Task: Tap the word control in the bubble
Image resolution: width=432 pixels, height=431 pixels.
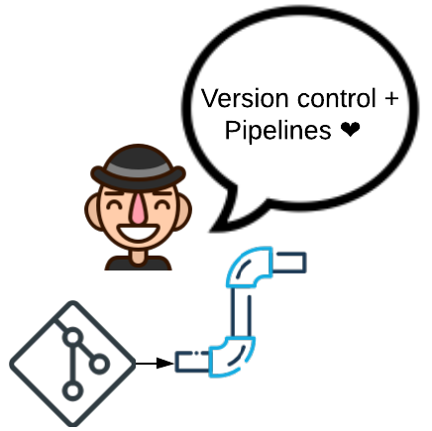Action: point(337,98)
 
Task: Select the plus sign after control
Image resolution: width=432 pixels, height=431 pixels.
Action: point(391,98)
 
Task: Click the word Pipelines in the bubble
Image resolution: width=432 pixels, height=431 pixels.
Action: point(277,131)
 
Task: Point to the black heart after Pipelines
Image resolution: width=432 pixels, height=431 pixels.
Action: point(350,129)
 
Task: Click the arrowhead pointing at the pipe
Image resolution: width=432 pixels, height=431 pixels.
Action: point(164,364)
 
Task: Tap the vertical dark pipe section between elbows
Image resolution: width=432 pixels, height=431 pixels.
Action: point(241,312)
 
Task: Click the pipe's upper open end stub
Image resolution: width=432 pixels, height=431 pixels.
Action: point(289,263)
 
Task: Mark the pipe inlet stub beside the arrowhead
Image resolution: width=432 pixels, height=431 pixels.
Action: point(192,362)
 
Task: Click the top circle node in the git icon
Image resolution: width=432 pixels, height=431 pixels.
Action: point(73,337)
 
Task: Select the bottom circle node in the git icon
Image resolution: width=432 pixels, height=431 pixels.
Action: point(72,390)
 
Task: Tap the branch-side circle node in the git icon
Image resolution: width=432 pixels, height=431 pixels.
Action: point(99,364)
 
